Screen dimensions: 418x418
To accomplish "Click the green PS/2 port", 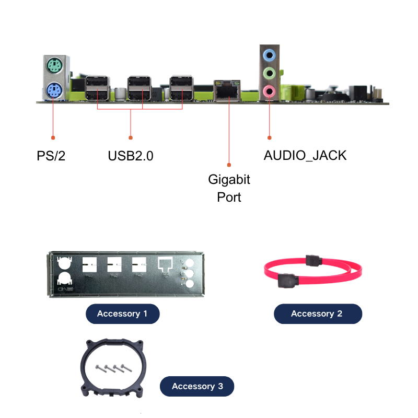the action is pos(55,66).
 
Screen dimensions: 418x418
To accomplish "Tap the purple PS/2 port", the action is pos(54,90).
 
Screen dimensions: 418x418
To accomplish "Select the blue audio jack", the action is pos(270,55).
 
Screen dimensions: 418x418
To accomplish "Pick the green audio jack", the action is pos(270,73).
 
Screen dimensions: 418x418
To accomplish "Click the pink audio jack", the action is pos(270,91).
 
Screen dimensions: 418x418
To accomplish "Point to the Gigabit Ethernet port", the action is pos(227,90).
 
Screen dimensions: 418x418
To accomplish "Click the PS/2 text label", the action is pos(51,156).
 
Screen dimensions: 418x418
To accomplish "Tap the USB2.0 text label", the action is pos(131,156).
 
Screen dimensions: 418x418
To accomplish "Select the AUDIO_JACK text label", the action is pos(305,156).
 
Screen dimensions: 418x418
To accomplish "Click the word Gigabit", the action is pos(229,179).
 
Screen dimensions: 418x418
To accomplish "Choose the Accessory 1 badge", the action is pos(123,314).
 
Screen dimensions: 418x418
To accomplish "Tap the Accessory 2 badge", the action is pos(318,314).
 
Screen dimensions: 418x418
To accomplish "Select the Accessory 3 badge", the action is pos(197,386).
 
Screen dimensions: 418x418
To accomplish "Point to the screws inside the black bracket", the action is pos(114,368).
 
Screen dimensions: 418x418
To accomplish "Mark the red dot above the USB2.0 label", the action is pos(131,137).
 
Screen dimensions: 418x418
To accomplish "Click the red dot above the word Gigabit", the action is pos(229,165).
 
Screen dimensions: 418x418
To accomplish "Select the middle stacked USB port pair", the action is pos(139,88).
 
